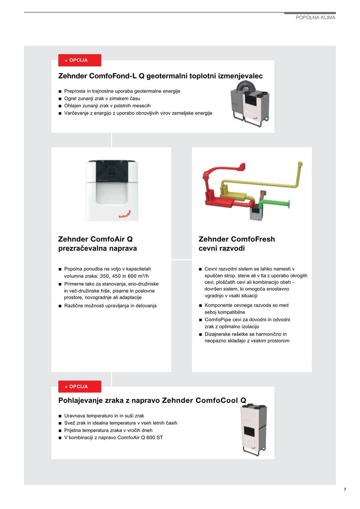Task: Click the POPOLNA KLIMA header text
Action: (315, 17)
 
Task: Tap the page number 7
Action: (345, 489)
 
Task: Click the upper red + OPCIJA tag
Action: (79, 60)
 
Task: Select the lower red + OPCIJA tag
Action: (79, 386)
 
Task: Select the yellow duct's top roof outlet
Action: (300, 164)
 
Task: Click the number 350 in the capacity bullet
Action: (105, 276)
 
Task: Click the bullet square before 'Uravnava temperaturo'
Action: (60, 416)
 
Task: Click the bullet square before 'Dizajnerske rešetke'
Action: (200, 334)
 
